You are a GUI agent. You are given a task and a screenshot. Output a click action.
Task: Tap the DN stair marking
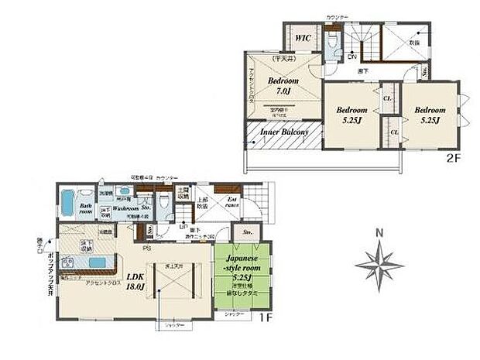pyautogui.click(x=351, y=57)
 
